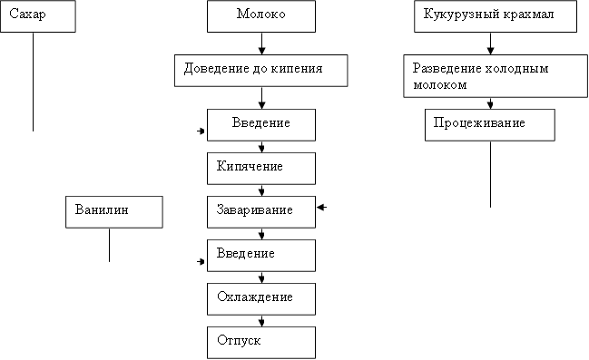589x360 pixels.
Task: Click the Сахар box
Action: coord(35,16)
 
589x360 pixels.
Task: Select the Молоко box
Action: coord(261,16)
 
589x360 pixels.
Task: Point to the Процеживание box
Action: coord(489,125)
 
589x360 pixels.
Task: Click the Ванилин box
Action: coord(114,210)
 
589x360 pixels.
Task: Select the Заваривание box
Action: coord(261,210)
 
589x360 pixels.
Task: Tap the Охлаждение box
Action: coord(261,297)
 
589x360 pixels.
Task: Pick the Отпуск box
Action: coord(261,342)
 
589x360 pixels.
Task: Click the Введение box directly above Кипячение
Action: coord(261,124)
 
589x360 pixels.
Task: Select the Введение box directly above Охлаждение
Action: coord(261,255)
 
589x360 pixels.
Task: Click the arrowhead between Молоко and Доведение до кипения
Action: coord(261,51)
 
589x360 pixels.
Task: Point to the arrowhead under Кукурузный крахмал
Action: coord(490,51)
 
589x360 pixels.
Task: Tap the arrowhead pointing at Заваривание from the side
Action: coord(321,209)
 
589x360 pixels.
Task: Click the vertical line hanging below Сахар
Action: coord(33,82)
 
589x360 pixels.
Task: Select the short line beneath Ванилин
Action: coord(109,244)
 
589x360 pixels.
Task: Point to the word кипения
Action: coord(297,68)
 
